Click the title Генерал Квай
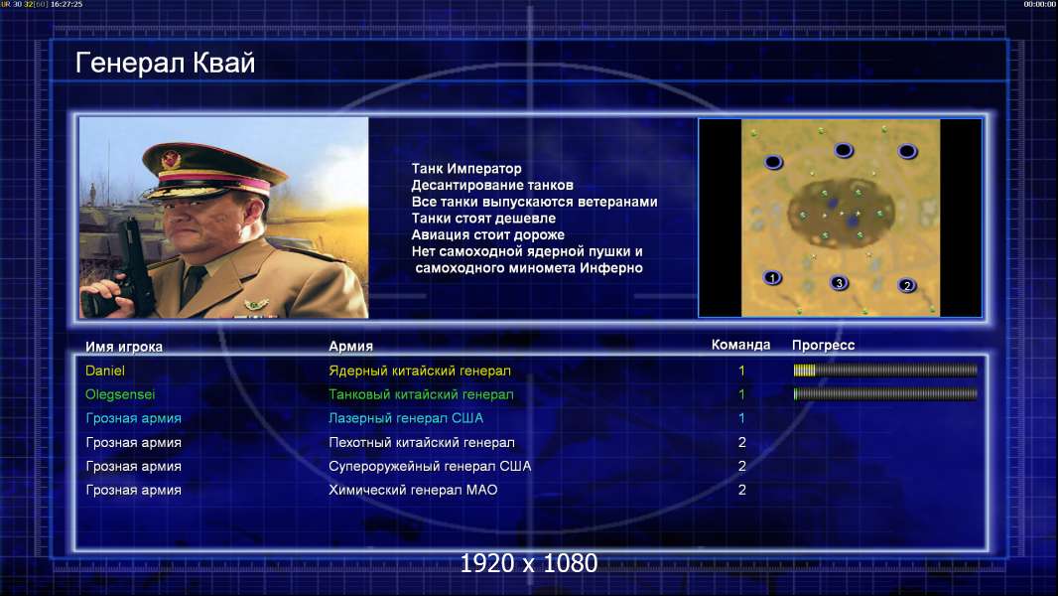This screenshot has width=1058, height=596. click(166, 63)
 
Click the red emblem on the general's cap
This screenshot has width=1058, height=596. click(171, 160)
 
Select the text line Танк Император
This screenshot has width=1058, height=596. click(466, 169)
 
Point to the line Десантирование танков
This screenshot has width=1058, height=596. click(492, 185)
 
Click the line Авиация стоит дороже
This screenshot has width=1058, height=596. click(488, 234)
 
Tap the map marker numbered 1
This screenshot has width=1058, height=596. click(772, 277)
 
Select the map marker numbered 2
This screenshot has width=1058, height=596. click(907, 285)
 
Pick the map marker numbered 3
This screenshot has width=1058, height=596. click(839, 283)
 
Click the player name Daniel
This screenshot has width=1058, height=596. click(105, 371)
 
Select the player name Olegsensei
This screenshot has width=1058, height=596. click(120, 394)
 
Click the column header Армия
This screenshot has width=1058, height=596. click(351, 347)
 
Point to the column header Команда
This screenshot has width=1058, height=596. click(740, 345)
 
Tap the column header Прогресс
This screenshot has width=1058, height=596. click(823, 345)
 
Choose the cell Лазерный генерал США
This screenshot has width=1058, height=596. click(406, 418)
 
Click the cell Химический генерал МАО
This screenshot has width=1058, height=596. click(413, 490)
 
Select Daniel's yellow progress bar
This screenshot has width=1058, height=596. click(804, 370)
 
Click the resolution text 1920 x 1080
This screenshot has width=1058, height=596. click(529, 563)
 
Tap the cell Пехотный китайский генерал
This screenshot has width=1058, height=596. click(422, 443)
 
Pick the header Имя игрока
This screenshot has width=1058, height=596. click(123, 347)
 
